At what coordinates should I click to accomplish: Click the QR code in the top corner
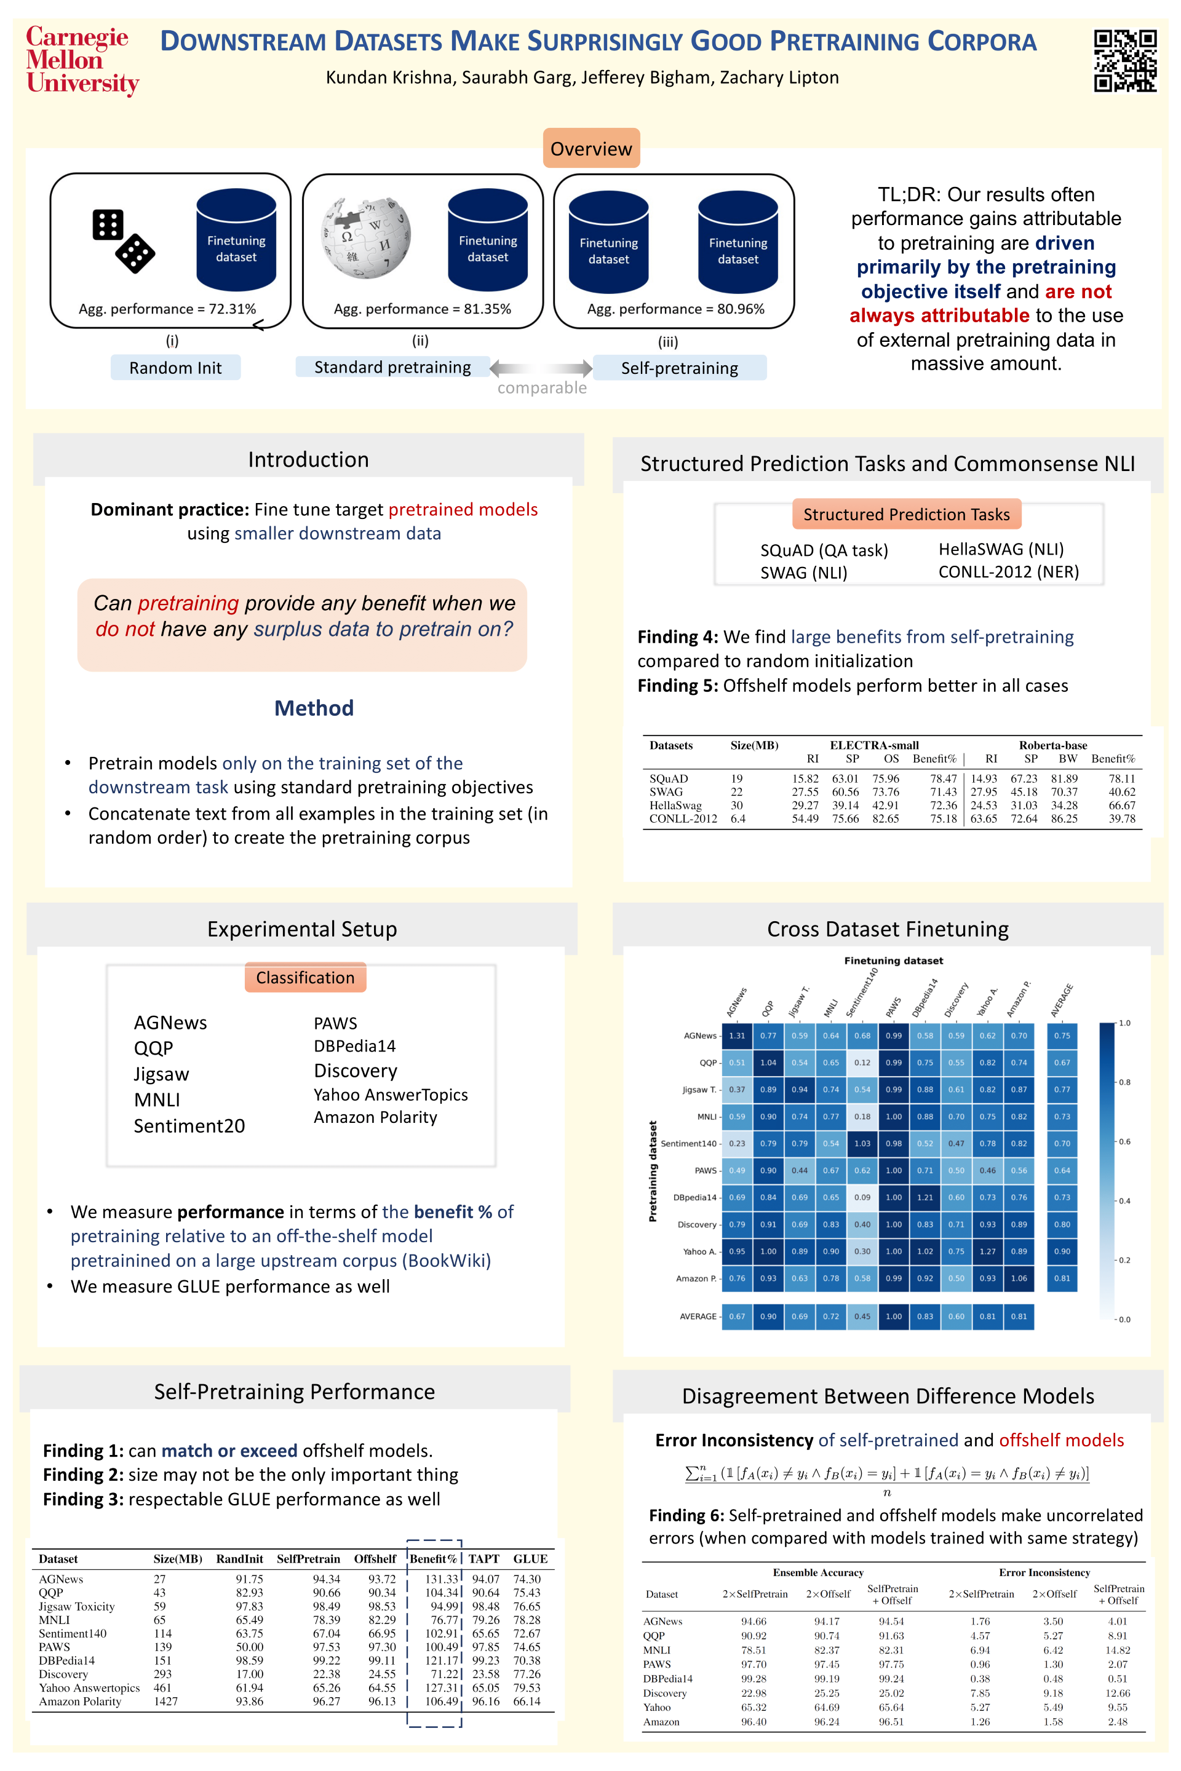pos(1124,61)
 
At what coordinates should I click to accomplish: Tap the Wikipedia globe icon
pos(366,239)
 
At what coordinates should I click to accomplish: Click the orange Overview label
pos(591,148)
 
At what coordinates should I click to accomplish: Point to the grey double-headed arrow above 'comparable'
pos(541,368)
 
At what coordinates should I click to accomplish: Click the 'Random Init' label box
pos(175,368)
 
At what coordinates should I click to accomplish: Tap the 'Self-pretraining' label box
pos(679,368)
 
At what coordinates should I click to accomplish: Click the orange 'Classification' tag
pos(305,977)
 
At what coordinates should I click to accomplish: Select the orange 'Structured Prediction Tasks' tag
pos(906,514)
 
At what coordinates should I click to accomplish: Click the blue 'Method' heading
pos(314,708)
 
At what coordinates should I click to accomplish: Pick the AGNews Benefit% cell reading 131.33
pos(442,1579)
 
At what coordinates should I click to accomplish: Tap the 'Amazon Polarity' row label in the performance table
pos(80,1701)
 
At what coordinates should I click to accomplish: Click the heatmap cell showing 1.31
pos(737,1036)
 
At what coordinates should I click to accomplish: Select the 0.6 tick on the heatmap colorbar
pos(1124,1141)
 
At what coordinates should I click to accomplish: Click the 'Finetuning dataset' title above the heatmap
pos(893,961)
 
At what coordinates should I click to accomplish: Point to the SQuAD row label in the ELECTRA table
pos(669,779)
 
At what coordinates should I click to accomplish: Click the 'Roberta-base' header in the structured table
pos(1053,745)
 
